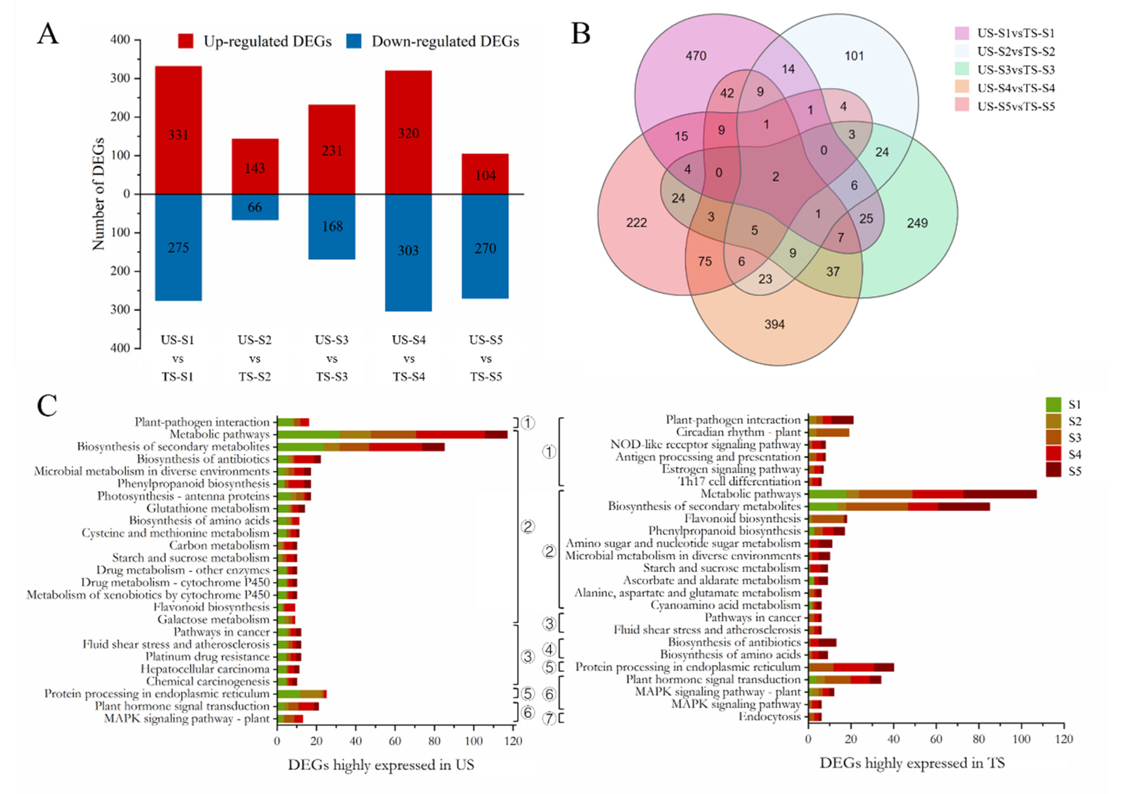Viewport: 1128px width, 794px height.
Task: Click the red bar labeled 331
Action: [x=178, y=130]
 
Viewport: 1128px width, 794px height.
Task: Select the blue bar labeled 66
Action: [x=255, y=207]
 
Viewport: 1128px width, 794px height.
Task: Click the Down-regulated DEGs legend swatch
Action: [x=354, y=41]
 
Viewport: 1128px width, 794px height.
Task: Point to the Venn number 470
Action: [x=696, y=56]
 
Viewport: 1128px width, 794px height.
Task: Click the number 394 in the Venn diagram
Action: [x=774, y=324]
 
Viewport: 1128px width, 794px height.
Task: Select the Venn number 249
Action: [x=917, y=223]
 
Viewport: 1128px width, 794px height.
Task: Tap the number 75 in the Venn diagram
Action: [x=705, y=262]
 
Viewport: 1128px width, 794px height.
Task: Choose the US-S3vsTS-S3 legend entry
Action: [x=1015, y=70]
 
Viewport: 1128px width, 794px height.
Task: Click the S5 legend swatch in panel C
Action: [x=1053, y=471]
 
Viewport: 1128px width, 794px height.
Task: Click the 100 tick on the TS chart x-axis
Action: [x=1021, y=739]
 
